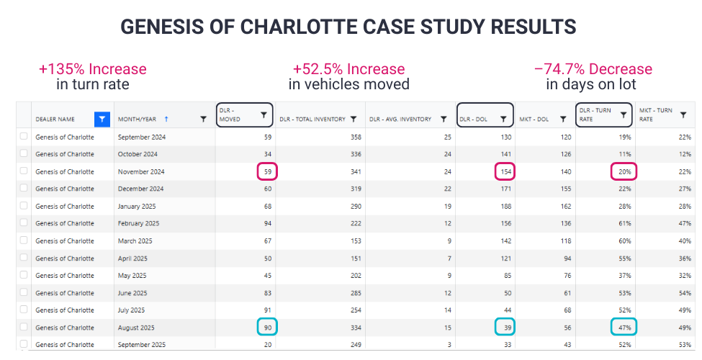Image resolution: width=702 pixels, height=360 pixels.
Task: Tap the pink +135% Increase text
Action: (x=93, y=69)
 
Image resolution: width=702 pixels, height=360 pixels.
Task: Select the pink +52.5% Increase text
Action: (x=348, y=69)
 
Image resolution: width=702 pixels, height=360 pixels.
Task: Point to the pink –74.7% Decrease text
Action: (x=593, y=69)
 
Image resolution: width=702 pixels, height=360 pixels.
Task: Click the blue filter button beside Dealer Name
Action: (x=102, y=119)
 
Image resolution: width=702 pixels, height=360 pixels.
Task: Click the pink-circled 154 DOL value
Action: (x=504, y=171)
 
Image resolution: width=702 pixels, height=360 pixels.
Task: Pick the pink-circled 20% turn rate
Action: (x=624, y=171)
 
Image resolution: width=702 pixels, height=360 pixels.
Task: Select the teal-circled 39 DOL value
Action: (x=505, y=327)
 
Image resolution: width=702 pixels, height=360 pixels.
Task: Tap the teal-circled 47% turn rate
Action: (x=624, y=327)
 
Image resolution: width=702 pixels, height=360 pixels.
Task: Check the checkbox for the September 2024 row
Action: (x=24, y=137)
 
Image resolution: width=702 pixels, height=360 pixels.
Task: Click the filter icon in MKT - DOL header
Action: (x=562, y=119)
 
